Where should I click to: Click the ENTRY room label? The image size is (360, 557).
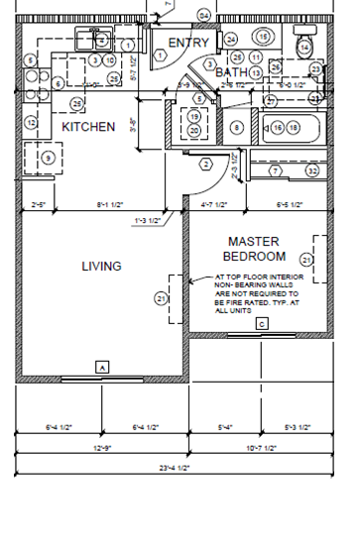click(x=188, y=43)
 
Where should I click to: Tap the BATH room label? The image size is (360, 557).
click(x=232, y=72)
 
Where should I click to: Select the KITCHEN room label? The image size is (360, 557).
click(x=88, y=127)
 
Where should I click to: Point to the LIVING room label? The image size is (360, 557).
click(x=101, y=266)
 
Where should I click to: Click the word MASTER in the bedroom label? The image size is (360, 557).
click(x=254, y=241)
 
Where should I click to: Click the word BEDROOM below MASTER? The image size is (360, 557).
click(x=254, y=257)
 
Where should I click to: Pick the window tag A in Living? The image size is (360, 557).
click(x=101, y=367)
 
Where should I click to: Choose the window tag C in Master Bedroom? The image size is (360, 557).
click(x=262, y=324)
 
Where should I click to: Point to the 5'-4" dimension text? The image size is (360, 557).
click(x=225, y=427)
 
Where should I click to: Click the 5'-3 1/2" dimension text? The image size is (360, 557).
click(x=297, y=427)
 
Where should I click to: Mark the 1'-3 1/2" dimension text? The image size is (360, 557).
click(x=147, y=220)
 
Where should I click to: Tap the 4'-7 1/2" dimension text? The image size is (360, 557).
click(x=214, y=205)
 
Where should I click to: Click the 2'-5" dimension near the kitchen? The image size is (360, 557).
click(x=39, y=205)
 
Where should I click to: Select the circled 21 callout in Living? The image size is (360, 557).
click(x=161, y=297)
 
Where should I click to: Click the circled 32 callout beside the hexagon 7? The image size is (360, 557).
click(x=312, y=171)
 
